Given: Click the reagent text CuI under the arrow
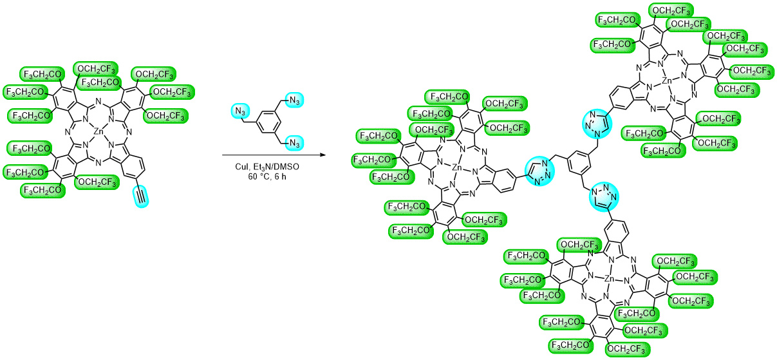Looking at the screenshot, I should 241,166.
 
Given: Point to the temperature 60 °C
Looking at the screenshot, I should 257,177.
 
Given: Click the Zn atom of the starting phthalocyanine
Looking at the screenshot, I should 98,131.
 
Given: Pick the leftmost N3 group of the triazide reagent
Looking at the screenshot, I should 241,113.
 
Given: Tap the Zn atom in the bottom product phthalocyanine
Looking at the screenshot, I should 609,279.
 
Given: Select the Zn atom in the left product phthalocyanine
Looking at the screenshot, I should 456,169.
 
